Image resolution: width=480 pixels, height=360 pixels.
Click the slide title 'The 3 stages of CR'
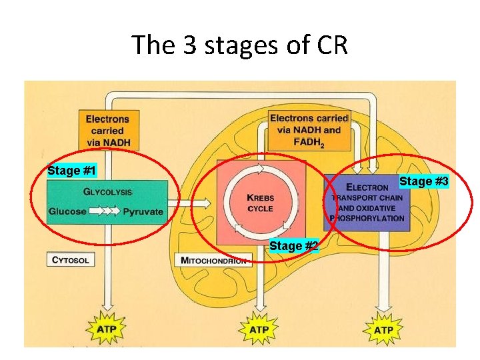[240, 45]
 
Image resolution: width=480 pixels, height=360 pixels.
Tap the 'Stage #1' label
[72, 171]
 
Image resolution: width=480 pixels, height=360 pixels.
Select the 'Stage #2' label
[293, 246]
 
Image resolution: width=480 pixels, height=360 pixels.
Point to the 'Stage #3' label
[424, 181]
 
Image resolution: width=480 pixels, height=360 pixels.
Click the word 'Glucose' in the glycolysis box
[67, 212]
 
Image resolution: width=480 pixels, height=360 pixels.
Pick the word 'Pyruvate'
[143, 212]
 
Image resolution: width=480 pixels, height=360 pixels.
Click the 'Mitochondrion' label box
[213, 260]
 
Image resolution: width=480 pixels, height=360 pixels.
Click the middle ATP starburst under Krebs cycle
[259, 329]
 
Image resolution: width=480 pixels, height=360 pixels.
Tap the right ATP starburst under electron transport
[383, 329]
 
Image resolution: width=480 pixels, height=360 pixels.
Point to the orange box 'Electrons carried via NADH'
[107, 131]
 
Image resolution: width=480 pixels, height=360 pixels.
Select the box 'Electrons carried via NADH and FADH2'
[309, 131]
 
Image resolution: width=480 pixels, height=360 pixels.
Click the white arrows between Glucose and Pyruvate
[105, 212]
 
